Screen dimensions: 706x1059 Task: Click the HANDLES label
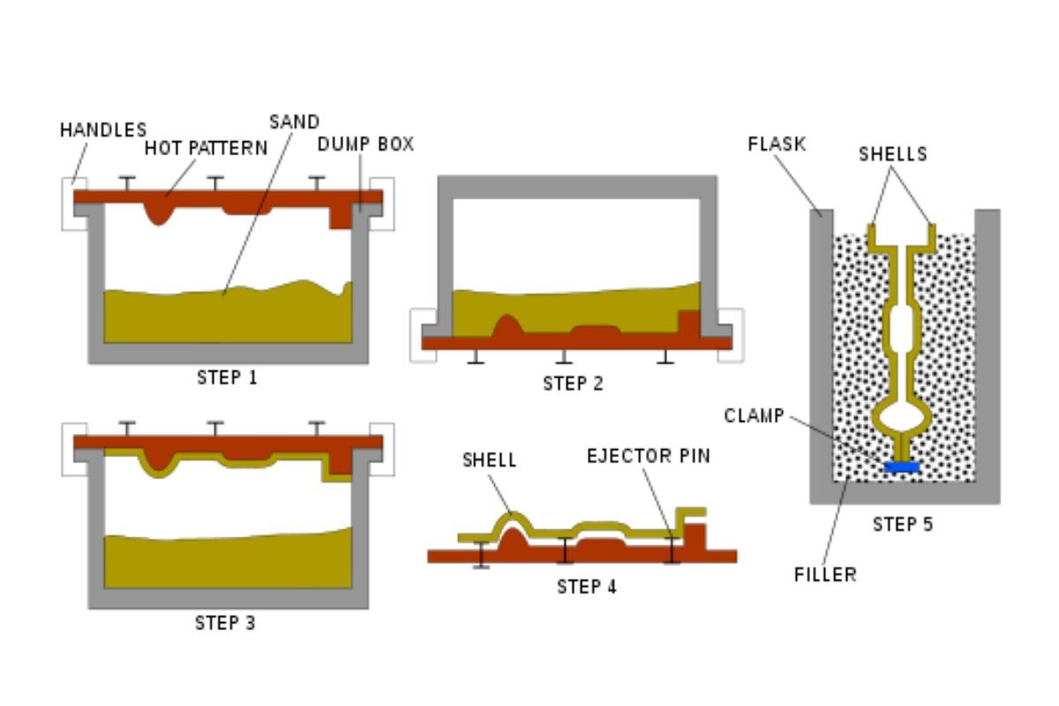tap(102, 130)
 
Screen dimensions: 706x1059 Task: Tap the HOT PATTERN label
tap(206, 148)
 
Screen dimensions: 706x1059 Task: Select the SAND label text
tap(294, 122)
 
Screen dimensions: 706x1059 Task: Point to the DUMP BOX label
tap(365, 144)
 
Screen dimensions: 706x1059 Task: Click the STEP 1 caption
tap(227, 378)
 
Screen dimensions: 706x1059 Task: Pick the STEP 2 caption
tap(573, 383)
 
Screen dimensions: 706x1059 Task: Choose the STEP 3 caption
tap(225, 623)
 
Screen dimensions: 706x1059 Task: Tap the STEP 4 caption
tap(586, 587)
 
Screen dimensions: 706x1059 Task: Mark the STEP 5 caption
tap(902, 524)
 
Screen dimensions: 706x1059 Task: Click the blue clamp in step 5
tap(903, 466)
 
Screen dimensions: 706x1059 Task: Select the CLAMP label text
tap(754, 416)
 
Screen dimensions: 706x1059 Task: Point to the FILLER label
tap(825, 575)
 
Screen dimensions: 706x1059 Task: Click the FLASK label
tap(777, 144)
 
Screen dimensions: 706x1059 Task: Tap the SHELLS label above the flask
tap(892, 154)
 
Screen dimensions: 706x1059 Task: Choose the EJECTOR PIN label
tap(649, 456)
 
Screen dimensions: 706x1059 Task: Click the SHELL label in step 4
tap(489, 461)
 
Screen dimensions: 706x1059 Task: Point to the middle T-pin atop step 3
tap(214, 428)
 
